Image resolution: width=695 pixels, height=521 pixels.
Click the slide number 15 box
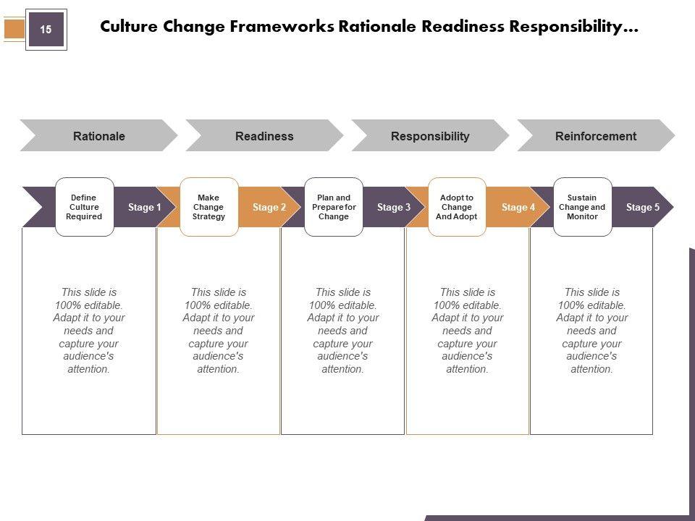click(x=46, y=30)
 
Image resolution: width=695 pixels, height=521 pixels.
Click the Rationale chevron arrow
click(x=99, y=135)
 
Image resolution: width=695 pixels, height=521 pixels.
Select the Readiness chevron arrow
click(x=264, y=135)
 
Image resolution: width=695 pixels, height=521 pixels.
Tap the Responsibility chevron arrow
click(x=430, y=135)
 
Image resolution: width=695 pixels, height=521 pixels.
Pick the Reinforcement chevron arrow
click(x=595, y=135)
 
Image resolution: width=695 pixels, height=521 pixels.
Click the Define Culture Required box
click(x=84, y=207)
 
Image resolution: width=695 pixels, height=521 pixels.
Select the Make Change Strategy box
click(x=208, y=207)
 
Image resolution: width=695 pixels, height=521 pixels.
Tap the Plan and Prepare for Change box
click(x=334, y=207)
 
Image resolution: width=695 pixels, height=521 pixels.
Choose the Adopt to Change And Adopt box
click(x=457, y=207)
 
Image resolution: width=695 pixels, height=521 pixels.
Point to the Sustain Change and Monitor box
click(x=582, y=207)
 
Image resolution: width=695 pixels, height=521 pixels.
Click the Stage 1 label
click(x=144, y=208)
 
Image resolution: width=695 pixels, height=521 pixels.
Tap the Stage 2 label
click(x=269, y=208)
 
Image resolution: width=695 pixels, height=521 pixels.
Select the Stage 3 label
click(x=394, y=208)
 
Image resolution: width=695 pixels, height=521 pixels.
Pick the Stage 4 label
click(x=518, y=208)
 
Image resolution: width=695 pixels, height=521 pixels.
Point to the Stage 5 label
click(x=643, y=208)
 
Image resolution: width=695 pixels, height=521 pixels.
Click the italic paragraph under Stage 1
click(x=89, y=331)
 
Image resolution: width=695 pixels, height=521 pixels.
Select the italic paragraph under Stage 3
click(x=342, y=331)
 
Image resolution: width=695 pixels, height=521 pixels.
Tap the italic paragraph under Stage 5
click(x=591, y=331)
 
